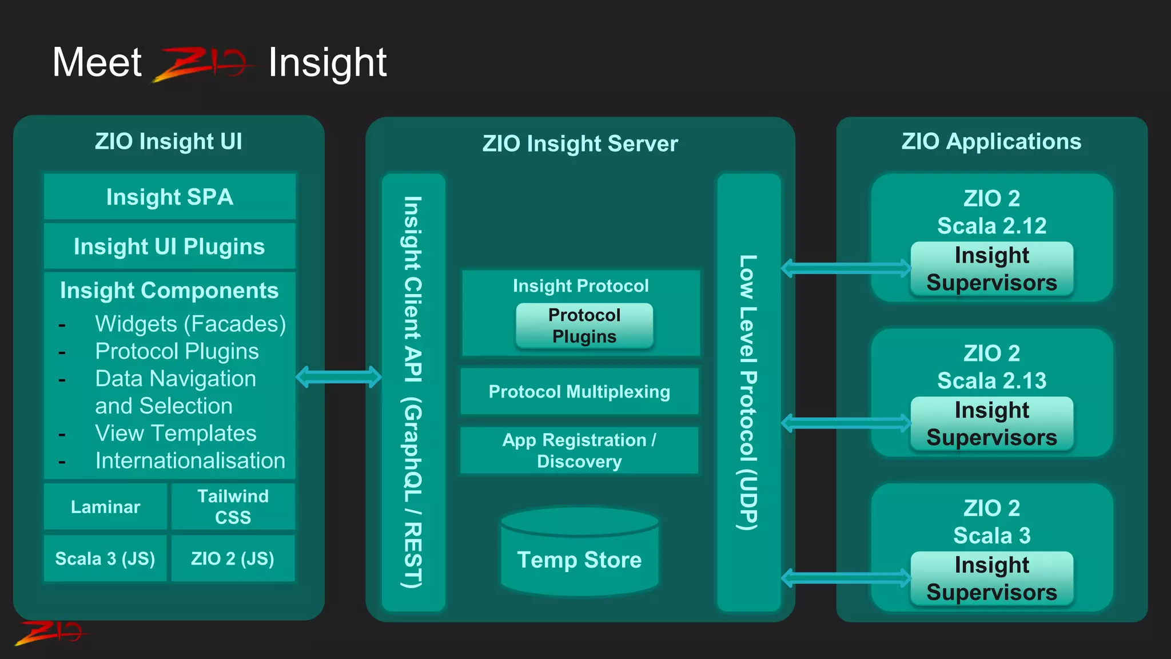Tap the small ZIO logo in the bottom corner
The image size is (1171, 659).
[x=50, y=633]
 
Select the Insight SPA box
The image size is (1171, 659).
[x=170, y=197]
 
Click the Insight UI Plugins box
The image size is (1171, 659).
[x=170, y=247]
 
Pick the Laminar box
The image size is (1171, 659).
[x=105, y=507]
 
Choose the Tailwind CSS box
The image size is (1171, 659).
[x=233, y=507]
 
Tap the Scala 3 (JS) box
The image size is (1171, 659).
[x=105, y=558]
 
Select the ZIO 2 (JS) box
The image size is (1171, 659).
[x=233, y=558]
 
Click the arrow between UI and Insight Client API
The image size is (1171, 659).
[x=338, y=376]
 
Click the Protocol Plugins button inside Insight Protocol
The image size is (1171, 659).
[x=584, y=325]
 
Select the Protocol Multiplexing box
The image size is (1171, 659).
[x=579, y=392]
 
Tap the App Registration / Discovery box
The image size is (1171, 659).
[x=579, y=450]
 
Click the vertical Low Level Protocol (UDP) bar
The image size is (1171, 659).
[x=748, y=392]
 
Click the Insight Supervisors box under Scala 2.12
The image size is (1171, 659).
[x=991, y=269]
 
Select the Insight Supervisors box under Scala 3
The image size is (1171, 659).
[x=991, y=578]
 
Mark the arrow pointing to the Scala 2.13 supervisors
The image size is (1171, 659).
[x=846, y=423]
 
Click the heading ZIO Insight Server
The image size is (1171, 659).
[x=580, y=144]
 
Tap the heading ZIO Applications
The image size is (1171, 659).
[x=991, y=141]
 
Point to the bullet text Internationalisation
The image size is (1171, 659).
[x=190, y=460]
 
